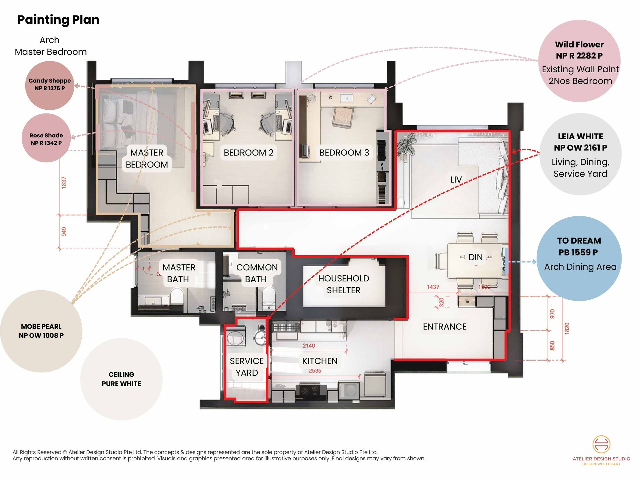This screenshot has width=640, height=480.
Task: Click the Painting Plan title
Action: point(58,20)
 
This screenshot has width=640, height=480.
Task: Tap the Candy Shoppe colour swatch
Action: point(50,85)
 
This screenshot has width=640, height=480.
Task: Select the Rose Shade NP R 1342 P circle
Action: point(46,138)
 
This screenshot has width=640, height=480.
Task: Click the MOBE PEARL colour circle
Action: point(41,331)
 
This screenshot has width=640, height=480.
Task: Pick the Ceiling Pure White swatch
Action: point(121,379)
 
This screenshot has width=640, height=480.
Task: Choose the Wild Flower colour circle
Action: point(579,61)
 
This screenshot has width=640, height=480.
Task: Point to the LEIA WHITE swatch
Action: point(580,154)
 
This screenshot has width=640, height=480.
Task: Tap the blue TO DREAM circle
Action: point(579,258)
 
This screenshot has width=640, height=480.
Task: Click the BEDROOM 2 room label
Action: point(248,153)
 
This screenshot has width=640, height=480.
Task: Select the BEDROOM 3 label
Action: point(344,153)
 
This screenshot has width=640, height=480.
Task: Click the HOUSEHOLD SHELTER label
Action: point(344,284)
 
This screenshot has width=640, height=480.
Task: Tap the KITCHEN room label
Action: point(320,361)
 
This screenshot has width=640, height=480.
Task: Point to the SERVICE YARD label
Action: point(247,367)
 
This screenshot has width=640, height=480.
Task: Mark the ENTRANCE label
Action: point(445,327)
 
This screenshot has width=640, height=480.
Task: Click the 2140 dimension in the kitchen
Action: point(309,346)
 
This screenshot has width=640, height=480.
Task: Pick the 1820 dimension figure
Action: point(567,329)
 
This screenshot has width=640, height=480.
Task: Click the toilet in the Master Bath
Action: point(177,297)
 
